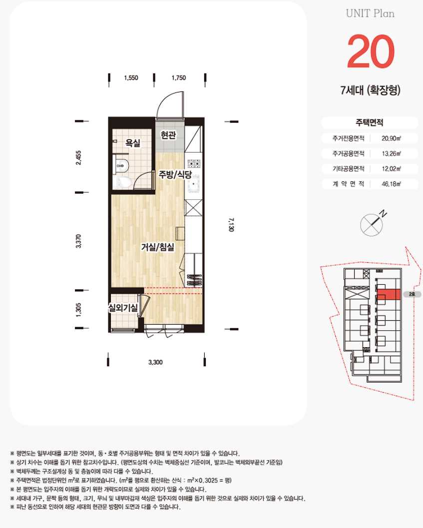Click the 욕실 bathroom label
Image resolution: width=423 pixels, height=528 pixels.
(x=133, y=143)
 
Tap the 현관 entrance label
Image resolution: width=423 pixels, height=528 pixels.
(x=168, y=135)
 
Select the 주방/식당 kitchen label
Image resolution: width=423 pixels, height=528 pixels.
(x=175, y=174)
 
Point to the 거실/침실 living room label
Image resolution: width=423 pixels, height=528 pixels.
(x=158, y=247)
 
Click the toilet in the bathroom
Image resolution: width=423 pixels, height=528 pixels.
(x=122, y=182)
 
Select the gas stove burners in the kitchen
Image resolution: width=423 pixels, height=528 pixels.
(x=194, y=164)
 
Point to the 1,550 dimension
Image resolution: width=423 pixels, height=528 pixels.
(x=131, y=78)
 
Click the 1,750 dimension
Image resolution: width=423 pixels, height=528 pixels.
(x=178, y=78)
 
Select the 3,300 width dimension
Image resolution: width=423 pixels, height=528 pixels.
(x=155, y=362)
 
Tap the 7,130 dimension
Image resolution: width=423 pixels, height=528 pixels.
(x=231, y=224)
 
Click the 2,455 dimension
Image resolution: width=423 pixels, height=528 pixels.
(x=78, y=157)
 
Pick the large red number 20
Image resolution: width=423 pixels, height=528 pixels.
(x=371, y=51)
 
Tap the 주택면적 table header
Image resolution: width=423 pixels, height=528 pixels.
(x=370, y=122)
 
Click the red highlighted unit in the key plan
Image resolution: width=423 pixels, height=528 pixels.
(x=389, y=295)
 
